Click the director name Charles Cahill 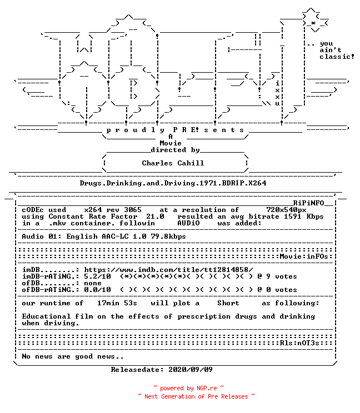pyautogui.click(x=173, y=163)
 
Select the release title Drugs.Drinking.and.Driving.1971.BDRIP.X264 pyautogui.click(x=173, y=183)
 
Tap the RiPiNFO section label pyautogui.click(x=308, y=203)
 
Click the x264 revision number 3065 pyautogui.click(x=133, y=210)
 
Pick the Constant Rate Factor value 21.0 pyautogui.click(x=155, y=216)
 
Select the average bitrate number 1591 pyautogui.click(x=293, y=216)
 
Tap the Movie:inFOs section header pyautogui.click(x=304, y=256)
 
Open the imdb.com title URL pyautogui.click(x=168, y=270)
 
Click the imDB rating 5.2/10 pyautogui.click(x=98, y=276)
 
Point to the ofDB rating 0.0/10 pyautogui.click(x=98, y=290)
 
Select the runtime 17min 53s pyautogui.click(x=117, y=303)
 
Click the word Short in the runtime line pyautogui.click(x=228, y=303)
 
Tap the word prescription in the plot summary pyautogui.click(x=204, y=316)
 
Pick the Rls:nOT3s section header pyautogui.click(x=299, y=343)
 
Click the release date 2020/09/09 pyautogui.click(x=191, y=370)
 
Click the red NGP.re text pyautogui.click(x=207, y=388)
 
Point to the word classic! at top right pyautogui.click(x=337, y=57)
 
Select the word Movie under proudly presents pyautogui.click(x=171, y=143)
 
